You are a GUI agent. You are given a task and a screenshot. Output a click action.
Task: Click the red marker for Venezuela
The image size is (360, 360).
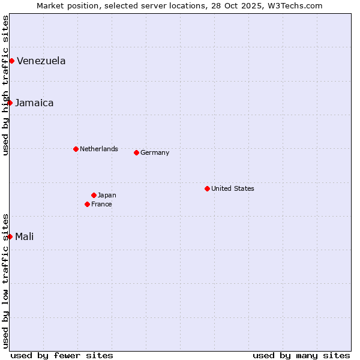pyautogui.click(x=11, y=61)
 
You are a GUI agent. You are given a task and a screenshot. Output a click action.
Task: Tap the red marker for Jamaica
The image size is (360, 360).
pyautogui.click(x=10, y=103)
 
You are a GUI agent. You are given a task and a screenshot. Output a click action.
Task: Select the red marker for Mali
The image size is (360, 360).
pyautogui.click(x=10, y=236)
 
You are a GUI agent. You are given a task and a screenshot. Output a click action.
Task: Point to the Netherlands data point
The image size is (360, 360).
pyautogui.click(x=76, y=149)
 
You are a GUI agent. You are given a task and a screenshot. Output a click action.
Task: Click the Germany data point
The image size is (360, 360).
pyautogui.click(x=136, y=152)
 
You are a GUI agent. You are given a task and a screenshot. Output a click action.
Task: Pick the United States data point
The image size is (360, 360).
pyautogui.click(x=207, y=188)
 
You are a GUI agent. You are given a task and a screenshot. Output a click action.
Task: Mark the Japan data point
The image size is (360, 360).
pyautogui.click(x=94, y=195)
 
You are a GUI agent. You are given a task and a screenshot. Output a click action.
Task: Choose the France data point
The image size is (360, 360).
pyautogui.click(x=87, y=204)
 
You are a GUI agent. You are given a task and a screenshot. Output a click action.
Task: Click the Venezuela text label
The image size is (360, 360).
pyautogui.click(x=41, y=61)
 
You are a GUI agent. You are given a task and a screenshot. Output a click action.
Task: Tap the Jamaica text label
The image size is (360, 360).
pyautogui.click(x=34, y=103)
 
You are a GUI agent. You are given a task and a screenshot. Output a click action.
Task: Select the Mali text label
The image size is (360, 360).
pyautogui.click(x=24, y=236)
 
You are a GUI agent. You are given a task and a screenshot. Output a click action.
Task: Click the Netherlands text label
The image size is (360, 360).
pyautogui.click(x=99, y=149)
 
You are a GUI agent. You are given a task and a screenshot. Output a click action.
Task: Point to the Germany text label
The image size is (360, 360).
pyautogui.click(x=155, y=152)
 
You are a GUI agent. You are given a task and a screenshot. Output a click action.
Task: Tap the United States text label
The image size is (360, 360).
pyautogui.click(x=233, y=188)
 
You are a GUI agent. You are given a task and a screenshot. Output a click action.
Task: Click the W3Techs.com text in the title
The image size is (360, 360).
pyautogui.click(x=293, y=5)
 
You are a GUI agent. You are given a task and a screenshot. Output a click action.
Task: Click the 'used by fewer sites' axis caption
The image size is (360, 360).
pyautogui.click(x=62, y=355)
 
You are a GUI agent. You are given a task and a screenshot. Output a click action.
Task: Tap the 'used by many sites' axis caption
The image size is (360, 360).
pyautogui.click(x=301, y=355)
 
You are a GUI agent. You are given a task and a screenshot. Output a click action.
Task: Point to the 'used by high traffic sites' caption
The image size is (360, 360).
pyautogui.click(x=5, y=85)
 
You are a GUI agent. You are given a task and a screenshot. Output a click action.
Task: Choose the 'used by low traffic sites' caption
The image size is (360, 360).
pyautogui.click(x=5, y=281)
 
